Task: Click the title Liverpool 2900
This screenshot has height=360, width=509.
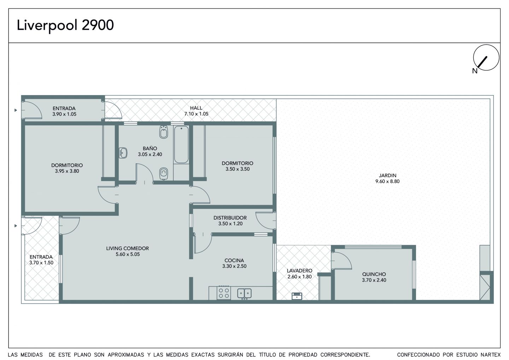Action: coord(65,25)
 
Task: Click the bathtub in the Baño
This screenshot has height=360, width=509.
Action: coord(181,145)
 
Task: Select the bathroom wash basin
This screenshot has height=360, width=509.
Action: coord(123,153)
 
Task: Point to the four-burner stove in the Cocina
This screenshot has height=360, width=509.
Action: coord(224,293)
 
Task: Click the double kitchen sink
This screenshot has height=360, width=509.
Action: coord(244,294)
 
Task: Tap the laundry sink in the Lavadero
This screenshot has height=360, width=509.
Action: coord(297,296)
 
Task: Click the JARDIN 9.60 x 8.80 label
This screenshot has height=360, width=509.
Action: coord(387,179)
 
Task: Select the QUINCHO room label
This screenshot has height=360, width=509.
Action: coord(374,274)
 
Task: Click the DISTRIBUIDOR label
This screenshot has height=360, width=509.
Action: coord(230,218)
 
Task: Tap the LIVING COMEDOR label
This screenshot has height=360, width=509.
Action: coord(128,248)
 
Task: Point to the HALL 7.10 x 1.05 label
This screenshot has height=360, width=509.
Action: coord(196,111)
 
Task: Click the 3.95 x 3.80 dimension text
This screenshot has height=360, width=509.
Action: coord(67,171)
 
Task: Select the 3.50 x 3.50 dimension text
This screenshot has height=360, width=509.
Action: coord(238,169)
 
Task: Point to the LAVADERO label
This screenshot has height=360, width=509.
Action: coord(299,271)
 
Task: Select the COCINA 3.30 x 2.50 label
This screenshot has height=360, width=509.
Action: coord(234,263)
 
